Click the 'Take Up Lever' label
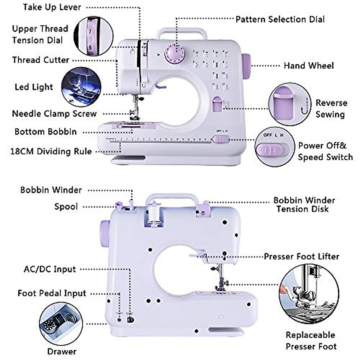tap(52, 7)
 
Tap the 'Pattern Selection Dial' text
tap(280, 19)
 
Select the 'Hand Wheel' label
tap(309, 66)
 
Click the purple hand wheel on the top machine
tap(246, 66)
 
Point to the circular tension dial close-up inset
tap(93, 36)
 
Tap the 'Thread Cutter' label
tap(41, 60)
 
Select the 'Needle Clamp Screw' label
tap(54, 114)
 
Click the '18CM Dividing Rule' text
tap(51, 151)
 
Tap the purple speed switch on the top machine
tap(221, 139)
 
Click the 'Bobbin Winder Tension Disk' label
tap(304, 205)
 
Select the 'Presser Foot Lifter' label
tap(301, 257)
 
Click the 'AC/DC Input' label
tap(50, 269)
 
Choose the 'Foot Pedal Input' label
tap(52, 293)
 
